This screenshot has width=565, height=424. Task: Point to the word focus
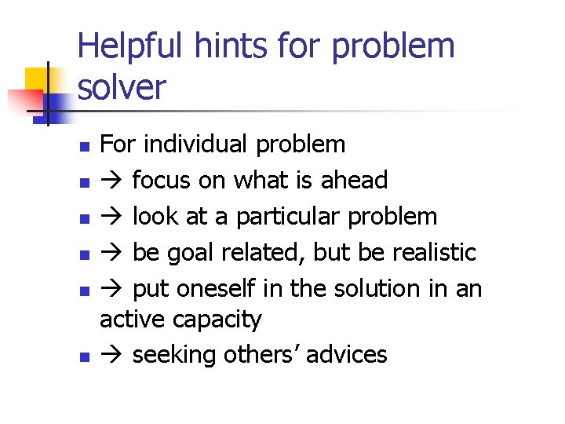[x=161, y=181]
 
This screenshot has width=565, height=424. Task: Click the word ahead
[x=355, y=181]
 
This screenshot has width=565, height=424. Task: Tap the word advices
[x=347, y=355]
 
